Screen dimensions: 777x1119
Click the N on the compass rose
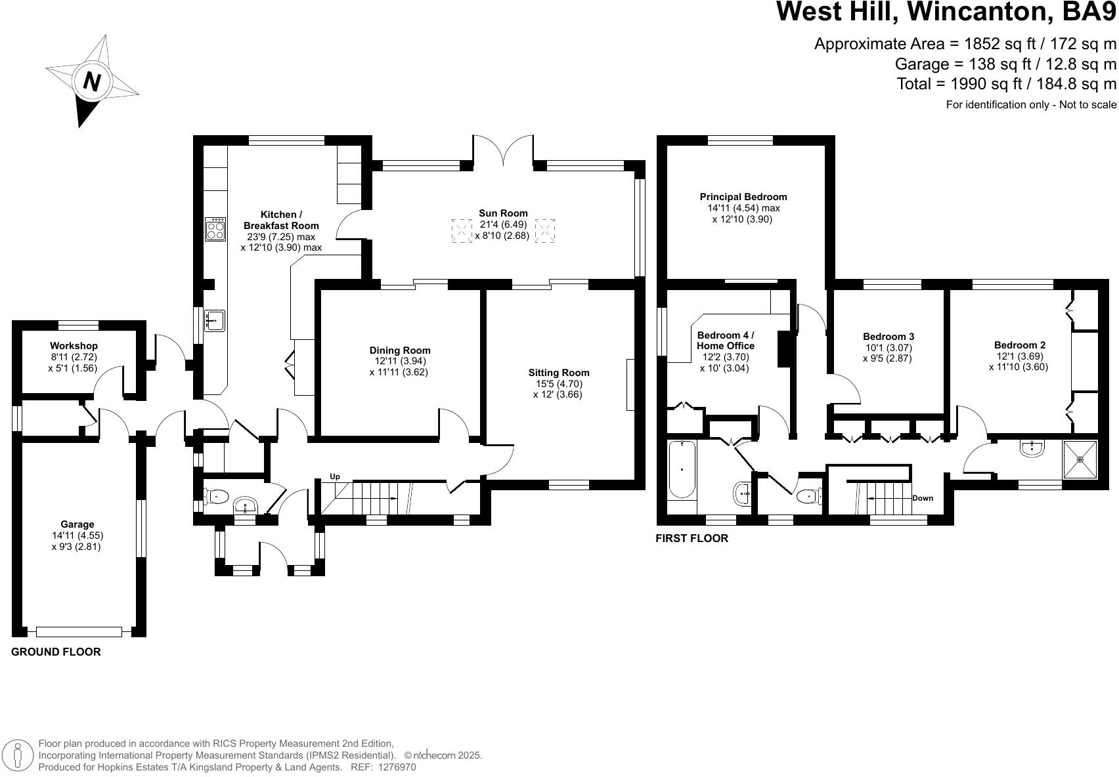(92, 82)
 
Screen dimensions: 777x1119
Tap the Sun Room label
(503, 213)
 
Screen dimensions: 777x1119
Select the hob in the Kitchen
(215, 229)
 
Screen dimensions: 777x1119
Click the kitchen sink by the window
(214, 320)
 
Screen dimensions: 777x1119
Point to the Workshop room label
(74, 346)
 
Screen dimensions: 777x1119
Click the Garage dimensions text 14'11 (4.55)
(77, 535)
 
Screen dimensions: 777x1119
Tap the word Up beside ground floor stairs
(335, 476)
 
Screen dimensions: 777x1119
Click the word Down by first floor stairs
(922, 498)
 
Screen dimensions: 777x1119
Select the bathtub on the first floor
(682, 469)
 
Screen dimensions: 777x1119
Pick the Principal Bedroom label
(743, 197)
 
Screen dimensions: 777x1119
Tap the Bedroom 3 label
(888, 337)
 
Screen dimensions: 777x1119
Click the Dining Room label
(399, 350)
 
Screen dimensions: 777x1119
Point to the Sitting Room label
(558, 373)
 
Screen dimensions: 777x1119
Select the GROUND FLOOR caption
(56, 652)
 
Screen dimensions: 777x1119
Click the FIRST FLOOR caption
(691, 538)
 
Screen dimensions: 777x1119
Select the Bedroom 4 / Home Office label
(725, 340)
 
